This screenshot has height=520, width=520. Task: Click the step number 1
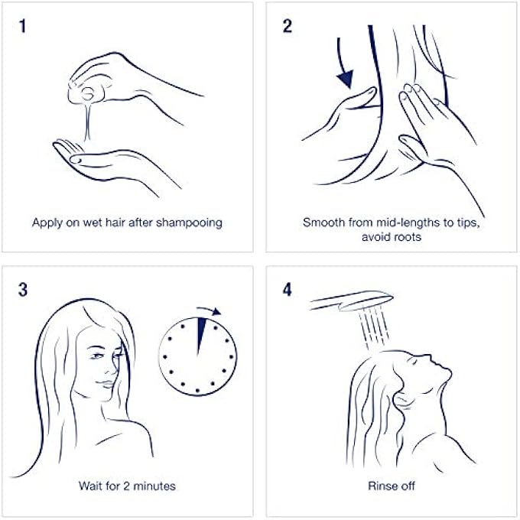click(22, 26)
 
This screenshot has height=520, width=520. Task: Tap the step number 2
click(288, 26)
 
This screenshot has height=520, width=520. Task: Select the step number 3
click(22, 290)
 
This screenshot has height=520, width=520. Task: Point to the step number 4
click(288, 290)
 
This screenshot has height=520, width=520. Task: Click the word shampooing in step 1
click(189, 223)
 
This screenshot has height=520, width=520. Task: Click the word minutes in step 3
click(154, 486)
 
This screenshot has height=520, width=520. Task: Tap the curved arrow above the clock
click(209, 310)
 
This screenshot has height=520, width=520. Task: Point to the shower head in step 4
click(352, 301)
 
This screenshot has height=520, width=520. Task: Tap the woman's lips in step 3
click(107, 384)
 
